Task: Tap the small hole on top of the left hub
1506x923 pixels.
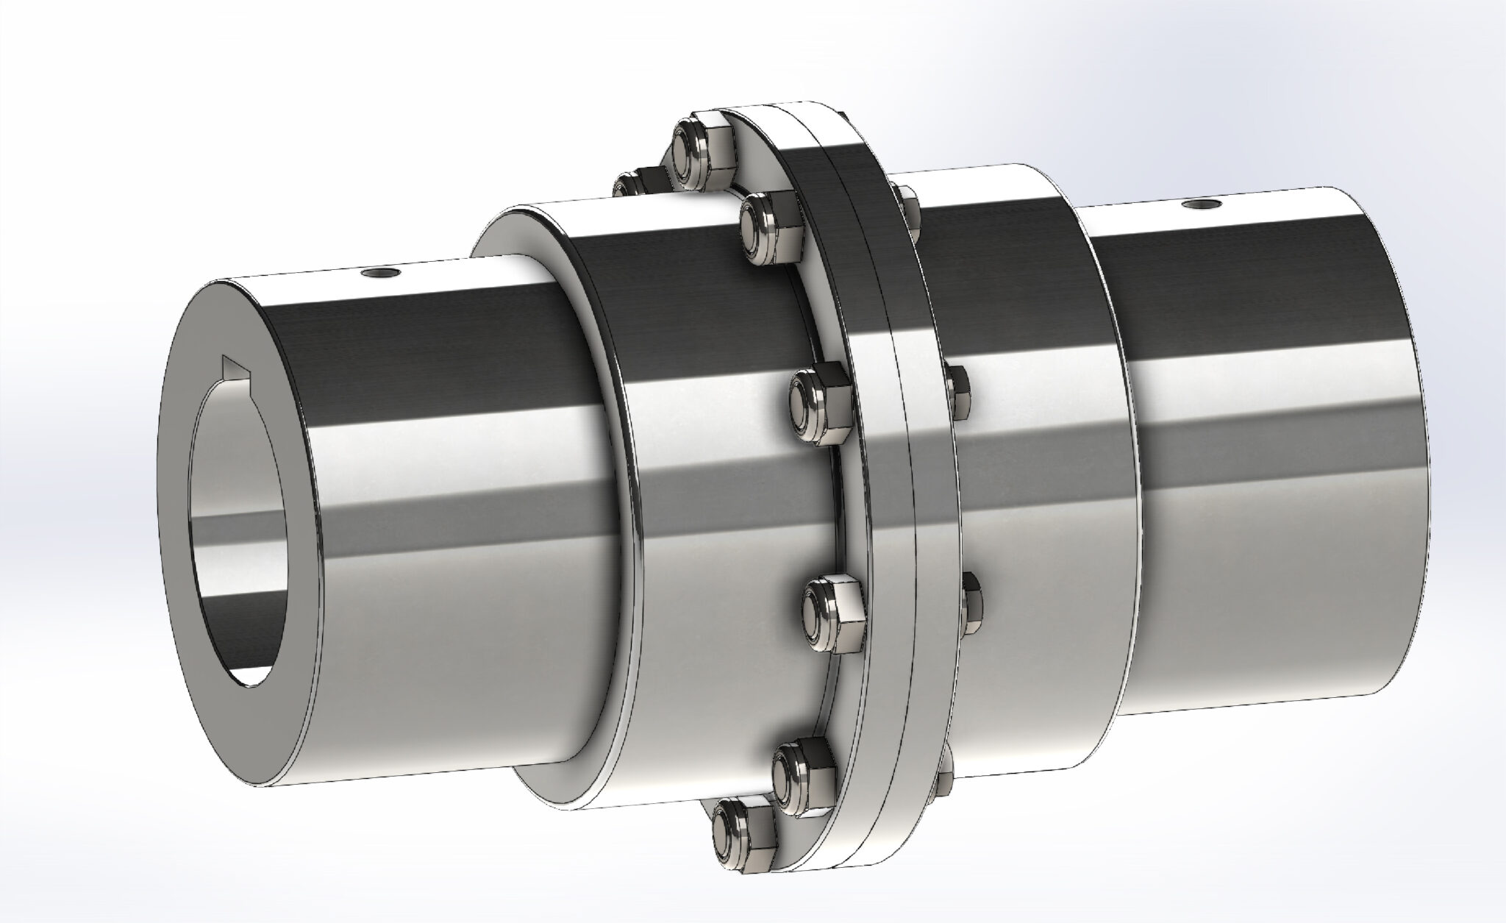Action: [x=382, y=274]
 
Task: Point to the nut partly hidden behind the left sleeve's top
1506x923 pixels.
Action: [x=635, y=182]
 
